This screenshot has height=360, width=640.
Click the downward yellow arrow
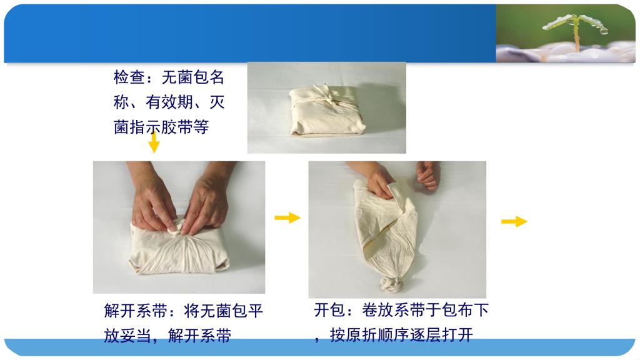154,141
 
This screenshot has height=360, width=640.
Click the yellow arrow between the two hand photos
287,217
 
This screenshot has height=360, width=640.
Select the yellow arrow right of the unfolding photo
514,222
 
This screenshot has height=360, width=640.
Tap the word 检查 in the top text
129,77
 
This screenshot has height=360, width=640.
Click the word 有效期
169,102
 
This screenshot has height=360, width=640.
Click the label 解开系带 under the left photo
136,311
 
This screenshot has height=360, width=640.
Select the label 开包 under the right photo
330,310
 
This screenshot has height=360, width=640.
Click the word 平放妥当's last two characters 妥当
135,336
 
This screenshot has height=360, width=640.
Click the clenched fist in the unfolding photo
427,175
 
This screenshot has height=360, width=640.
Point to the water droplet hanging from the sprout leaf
603,31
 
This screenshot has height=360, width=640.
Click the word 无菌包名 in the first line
193,77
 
